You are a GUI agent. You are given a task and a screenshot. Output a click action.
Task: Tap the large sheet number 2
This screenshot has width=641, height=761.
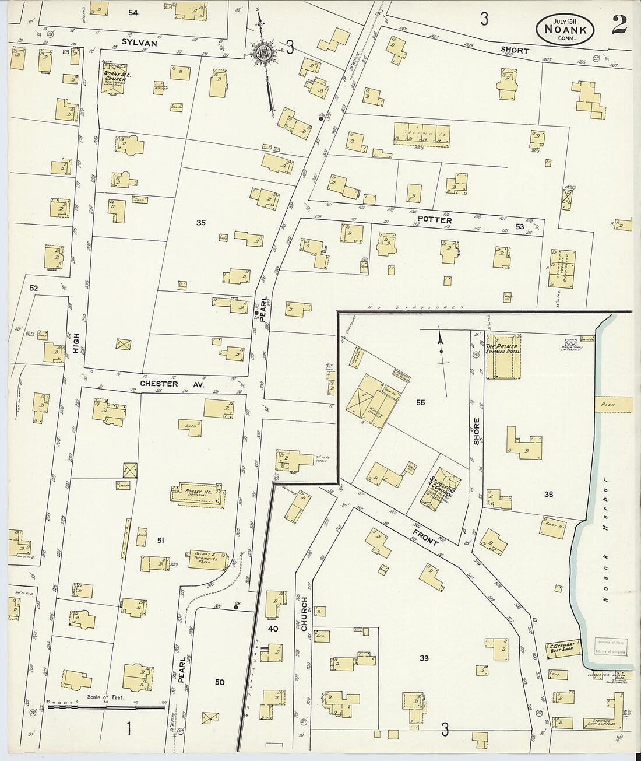coord(618,25)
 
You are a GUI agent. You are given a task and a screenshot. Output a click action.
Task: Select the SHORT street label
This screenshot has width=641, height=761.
coord(515,50)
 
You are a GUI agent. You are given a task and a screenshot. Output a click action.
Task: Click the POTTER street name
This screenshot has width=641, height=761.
coord(435,220)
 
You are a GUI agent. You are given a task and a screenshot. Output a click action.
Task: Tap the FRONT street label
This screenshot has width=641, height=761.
coord(425,537)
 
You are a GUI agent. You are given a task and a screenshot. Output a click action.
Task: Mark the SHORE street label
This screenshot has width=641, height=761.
coord(476,431)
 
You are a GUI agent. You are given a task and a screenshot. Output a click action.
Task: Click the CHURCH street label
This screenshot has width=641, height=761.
coord(303,614)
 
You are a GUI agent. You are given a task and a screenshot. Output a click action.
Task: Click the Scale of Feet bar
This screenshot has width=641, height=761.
coord(106,707)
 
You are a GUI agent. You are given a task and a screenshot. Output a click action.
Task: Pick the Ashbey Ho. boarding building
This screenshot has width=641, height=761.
coord(198,493)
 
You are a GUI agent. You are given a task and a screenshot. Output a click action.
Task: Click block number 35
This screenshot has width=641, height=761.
coord(201,222)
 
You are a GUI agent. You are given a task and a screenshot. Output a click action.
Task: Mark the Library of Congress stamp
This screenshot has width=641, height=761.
coord(611,646)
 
